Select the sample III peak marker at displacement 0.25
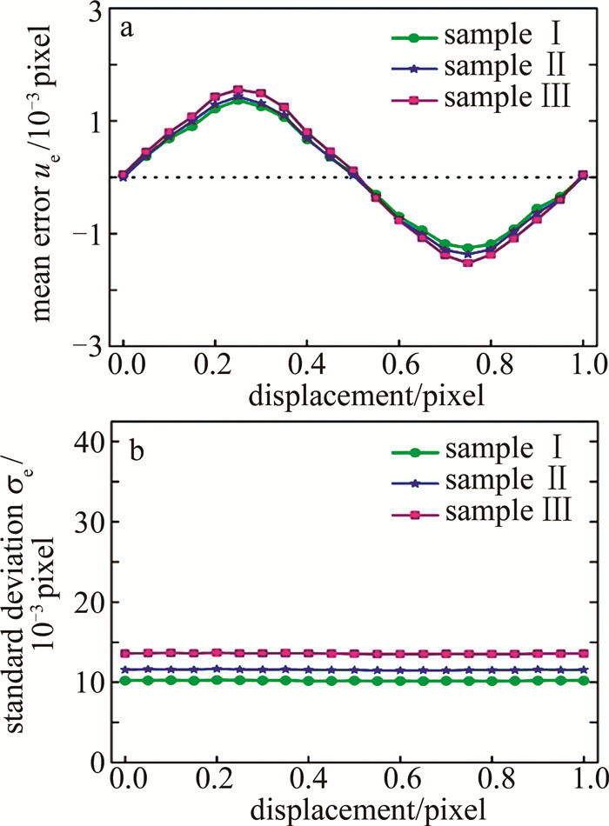click(x=238, y=90)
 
